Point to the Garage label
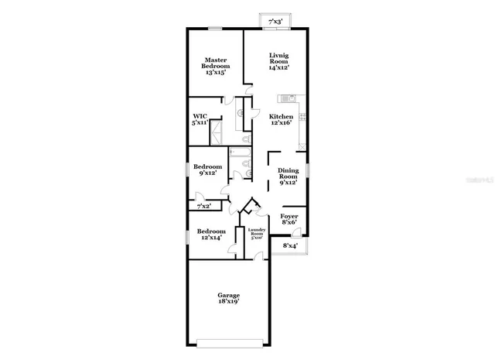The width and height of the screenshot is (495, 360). click(x=228, y=295)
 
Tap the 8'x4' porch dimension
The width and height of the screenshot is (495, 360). click(x=290, y=246)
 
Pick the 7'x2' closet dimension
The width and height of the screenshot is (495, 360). click(x=204, y=207)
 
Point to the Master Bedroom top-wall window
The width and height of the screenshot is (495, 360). click(x=216, y=29)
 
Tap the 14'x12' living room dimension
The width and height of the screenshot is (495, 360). click(x=278, y=68)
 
